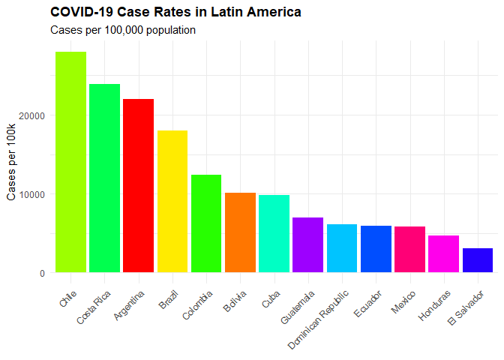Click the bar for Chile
point(70,162)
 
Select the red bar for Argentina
point(138,185)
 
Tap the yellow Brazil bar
point(172,201)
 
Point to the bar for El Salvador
point(478,260)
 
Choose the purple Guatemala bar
point(307,244)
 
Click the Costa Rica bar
point(104,178)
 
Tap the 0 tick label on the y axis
point(43,273)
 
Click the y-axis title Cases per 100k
point(12,162)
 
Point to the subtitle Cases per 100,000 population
point(123,30)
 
